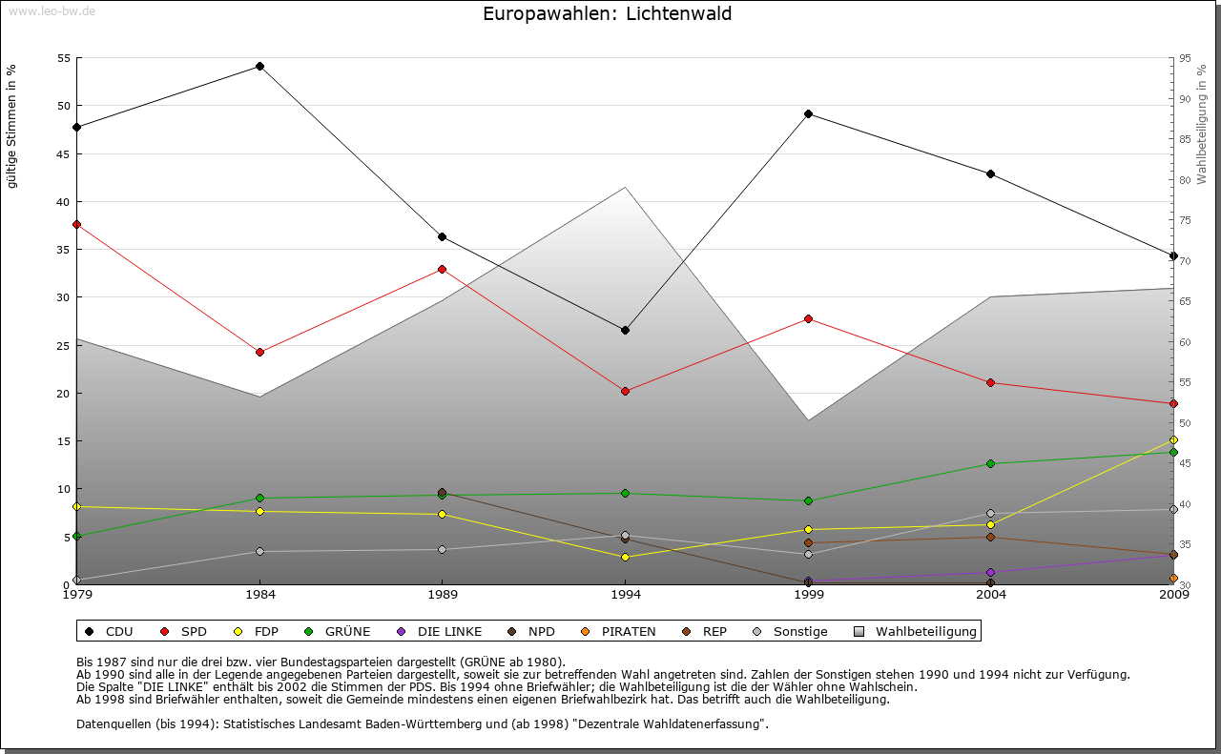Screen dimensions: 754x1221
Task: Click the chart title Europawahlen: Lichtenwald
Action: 608,14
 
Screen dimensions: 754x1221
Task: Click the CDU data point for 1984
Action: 259,66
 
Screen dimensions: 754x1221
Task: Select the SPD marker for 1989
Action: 442,269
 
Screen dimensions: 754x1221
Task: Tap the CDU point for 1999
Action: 808,113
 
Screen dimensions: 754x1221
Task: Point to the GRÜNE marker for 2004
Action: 991,463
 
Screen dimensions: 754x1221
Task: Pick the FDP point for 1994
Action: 625,557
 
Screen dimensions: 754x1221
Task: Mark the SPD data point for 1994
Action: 625,391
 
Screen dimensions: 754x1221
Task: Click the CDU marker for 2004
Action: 991,173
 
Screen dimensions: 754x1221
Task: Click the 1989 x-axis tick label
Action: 442,596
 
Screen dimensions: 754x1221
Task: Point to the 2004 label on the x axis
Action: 991,596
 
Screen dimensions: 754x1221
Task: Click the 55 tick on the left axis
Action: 65,58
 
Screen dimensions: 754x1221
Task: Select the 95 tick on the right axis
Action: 1185,58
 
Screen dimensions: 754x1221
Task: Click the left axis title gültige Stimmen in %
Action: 11,126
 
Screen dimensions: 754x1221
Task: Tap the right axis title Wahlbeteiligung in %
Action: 1202,124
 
